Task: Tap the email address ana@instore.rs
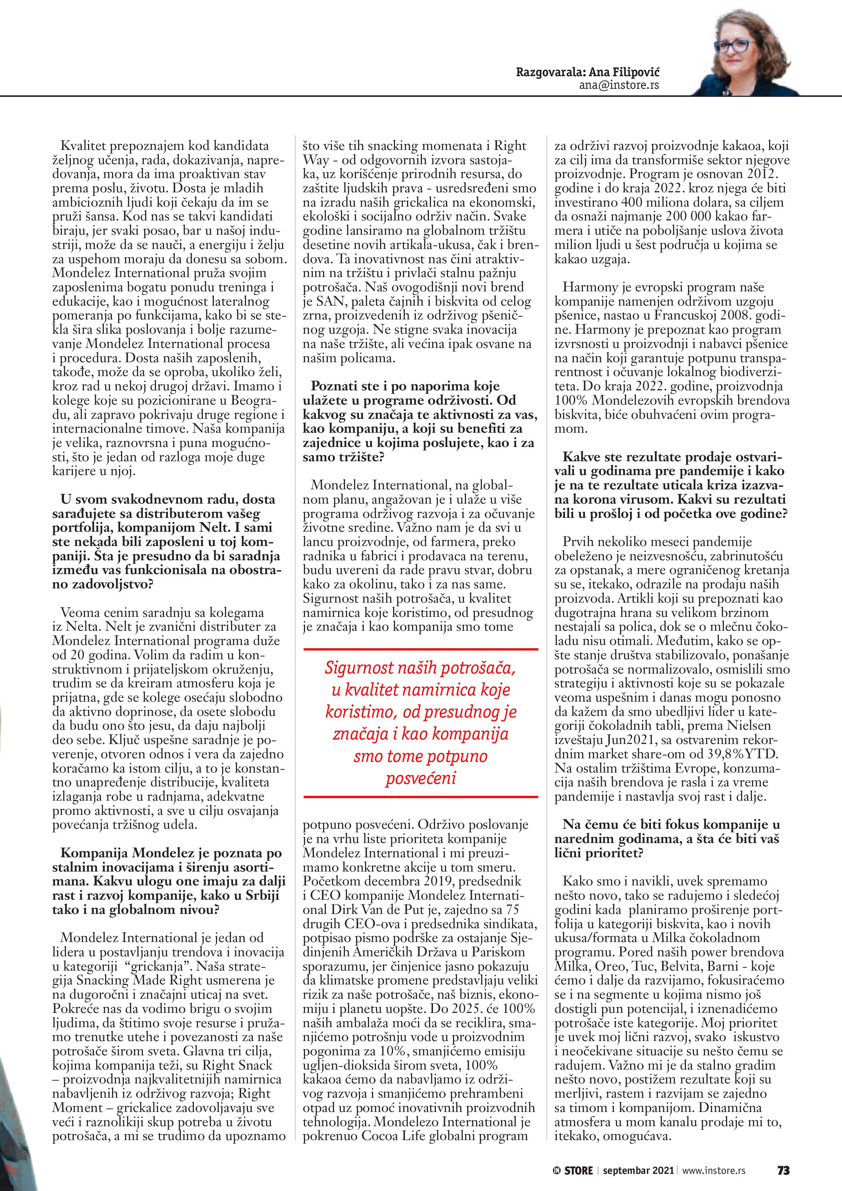619,85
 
